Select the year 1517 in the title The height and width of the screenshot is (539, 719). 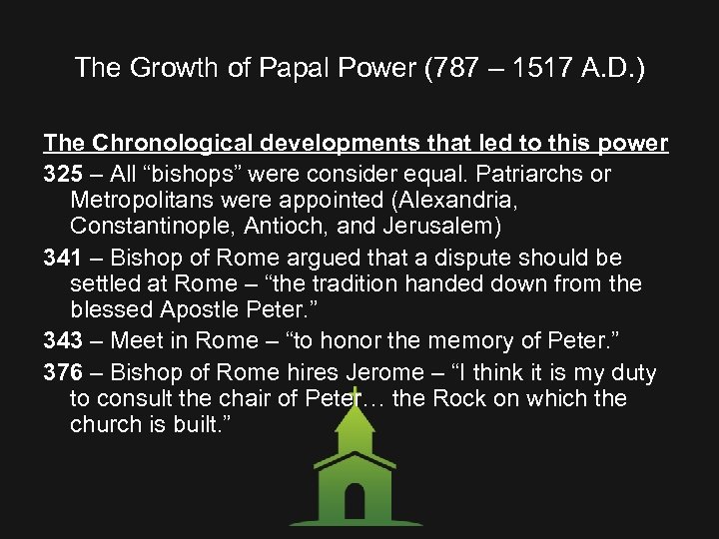coord(539,68)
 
